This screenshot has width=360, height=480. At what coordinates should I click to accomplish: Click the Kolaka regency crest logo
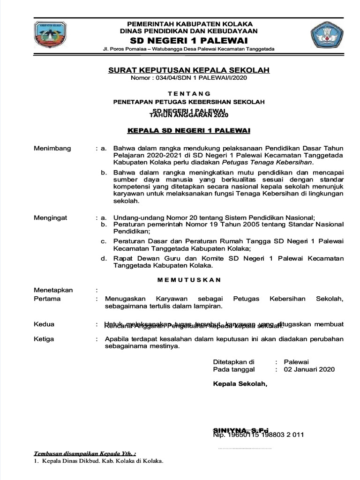point(50,35)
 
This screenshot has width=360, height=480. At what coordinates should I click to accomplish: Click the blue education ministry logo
point(326,35)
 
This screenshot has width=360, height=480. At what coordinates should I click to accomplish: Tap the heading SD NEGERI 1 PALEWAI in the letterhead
point(189,41)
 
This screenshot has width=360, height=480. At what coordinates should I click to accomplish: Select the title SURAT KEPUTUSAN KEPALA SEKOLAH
point(189,70)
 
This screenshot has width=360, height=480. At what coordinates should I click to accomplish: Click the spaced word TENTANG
point(189,93)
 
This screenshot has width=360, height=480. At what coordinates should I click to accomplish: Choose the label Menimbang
point(52,148)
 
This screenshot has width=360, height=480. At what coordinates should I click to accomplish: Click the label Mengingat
point(51,217)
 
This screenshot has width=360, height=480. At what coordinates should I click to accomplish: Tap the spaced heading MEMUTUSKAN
point(189,280)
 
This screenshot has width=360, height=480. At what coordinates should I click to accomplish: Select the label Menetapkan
point(53,290)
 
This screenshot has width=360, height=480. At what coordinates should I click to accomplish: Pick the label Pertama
point(47,299)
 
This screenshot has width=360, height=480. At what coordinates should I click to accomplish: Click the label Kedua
point(44,324)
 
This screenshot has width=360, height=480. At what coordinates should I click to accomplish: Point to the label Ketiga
point(44,339)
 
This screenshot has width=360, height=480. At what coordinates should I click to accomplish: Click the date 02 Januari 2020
point(309,369)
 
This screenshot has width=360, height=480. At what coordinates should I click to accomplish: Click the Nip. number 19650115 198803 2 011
point(259,435)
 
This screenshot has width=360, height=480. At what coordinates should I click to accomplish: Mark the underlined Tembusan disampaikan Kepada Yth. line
point(85,454)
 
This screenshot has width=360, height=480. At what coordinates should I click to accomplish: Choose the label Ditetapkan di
point(233,362)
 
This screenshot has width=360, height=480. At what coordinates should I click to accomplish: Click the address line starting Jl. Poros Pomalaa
point(189,49)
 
